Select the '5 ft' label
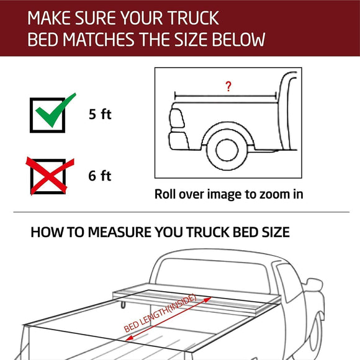pos(99,115)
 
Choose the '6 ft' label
pos(99,176)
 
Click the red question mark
pos(228,87)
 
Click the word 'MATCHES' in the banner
pos(98,40)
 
